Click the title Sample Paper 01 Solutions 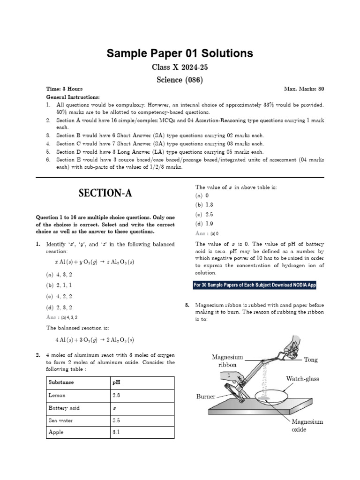(x=180, y=53)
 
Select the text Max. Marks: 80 (x=304, y=89)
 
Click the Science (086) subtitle (x=180, y=80)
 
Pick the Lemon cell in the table (x=57, y=396)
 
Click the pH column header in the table (x=117, y=382)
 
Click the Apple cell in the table (x=56, y=433)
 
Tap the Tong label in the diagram (x=310, y=360)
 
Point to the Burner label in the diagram (x=205, y=397)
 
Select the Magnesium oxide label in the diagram (x=307, y=425)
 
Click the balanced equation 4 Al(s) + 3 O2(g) (x=94, y=340)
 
